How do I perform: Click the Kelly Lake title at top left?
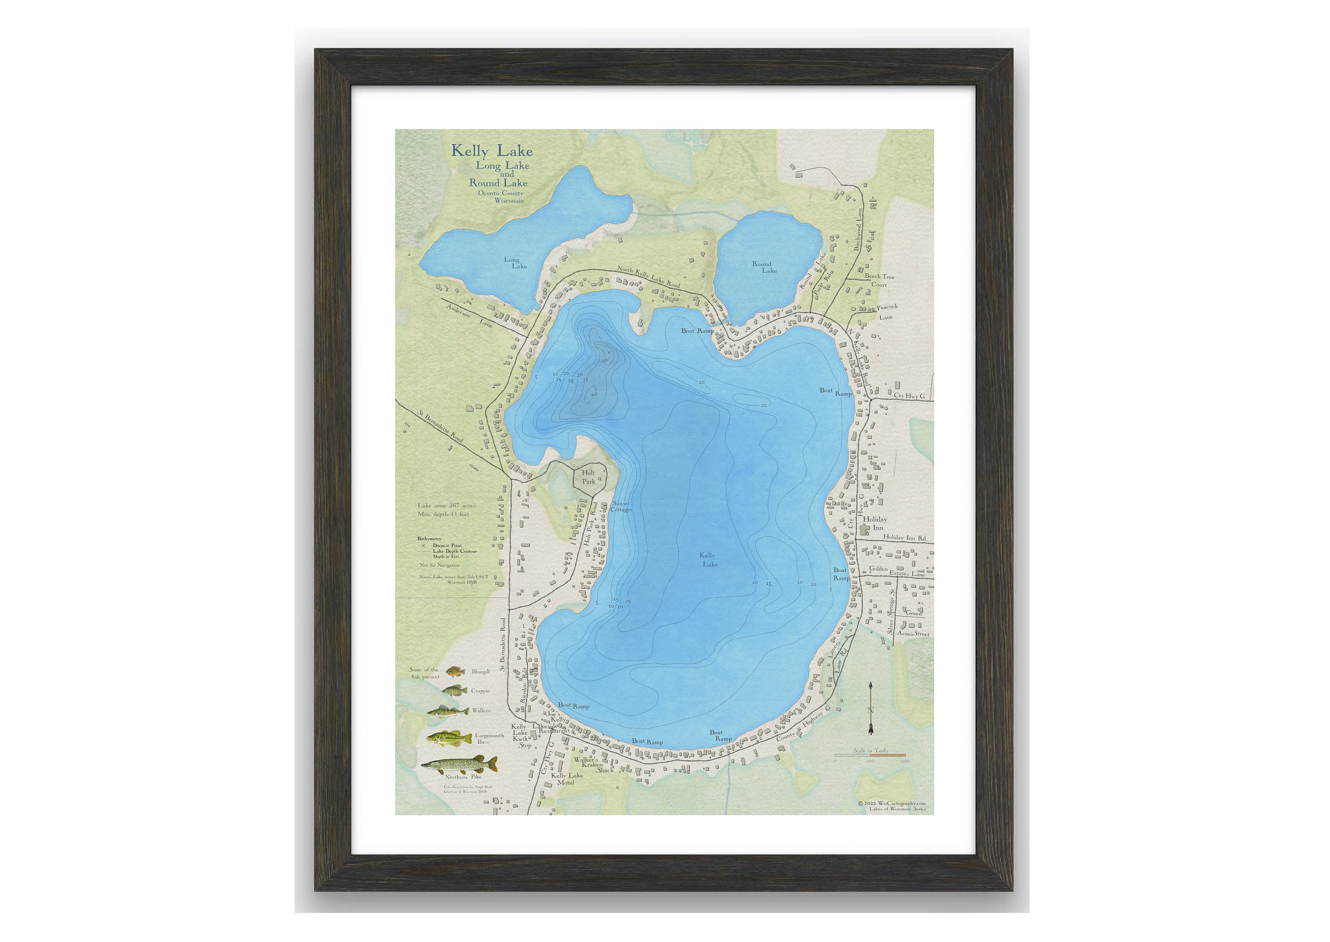click(x=492, y=152)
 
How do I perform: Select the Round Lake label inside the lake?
click(x=764, y=267)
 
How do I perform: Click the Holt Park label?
click(x=589, y=477)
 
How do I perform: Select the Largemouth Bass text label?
click(x=489, y=739)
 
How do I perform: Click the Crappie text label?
click(x=480, y=691)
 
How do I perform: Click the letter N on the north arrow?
click(x=870, y=711)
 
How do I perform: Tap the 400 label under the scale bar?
click(x=905, y=762)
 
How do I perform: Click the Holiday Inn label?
click(x=875, y=523)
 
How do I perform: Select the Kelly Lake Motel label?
click(x=567, y=779)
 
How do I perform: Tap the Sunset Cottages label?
click(x=621, y=506)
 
